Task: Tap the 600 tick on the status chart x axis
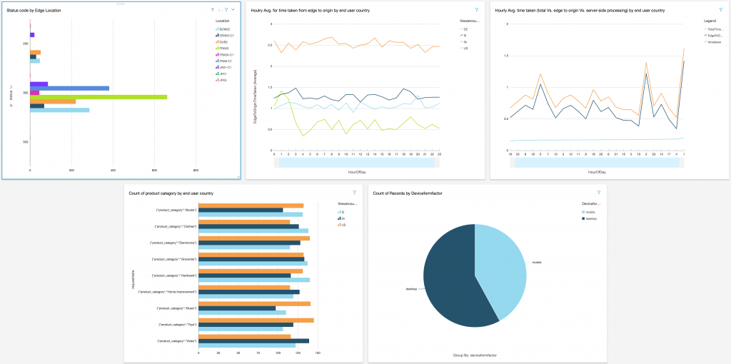[x=155, y=169]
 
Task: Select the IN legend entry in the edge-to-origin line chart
[x=465, y=42]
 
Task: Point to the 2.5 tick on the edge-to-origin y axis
[x=269, y=45]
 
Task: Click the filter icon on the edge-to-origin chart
[x=476, y=10]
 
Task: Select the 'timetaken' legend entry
[x=712, y=41]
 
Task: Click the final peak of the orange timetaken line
[x=684, y=49]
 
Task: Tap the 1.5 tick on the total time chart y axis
[x=506, y=56]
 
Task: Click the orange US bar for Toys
[x=256, y=320]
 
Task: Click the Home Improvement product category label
[x=168, y=292]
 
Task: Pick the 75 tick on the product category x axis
[x=258, y=353]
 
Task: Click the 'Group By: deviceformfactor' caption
[x=475, y=355]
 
